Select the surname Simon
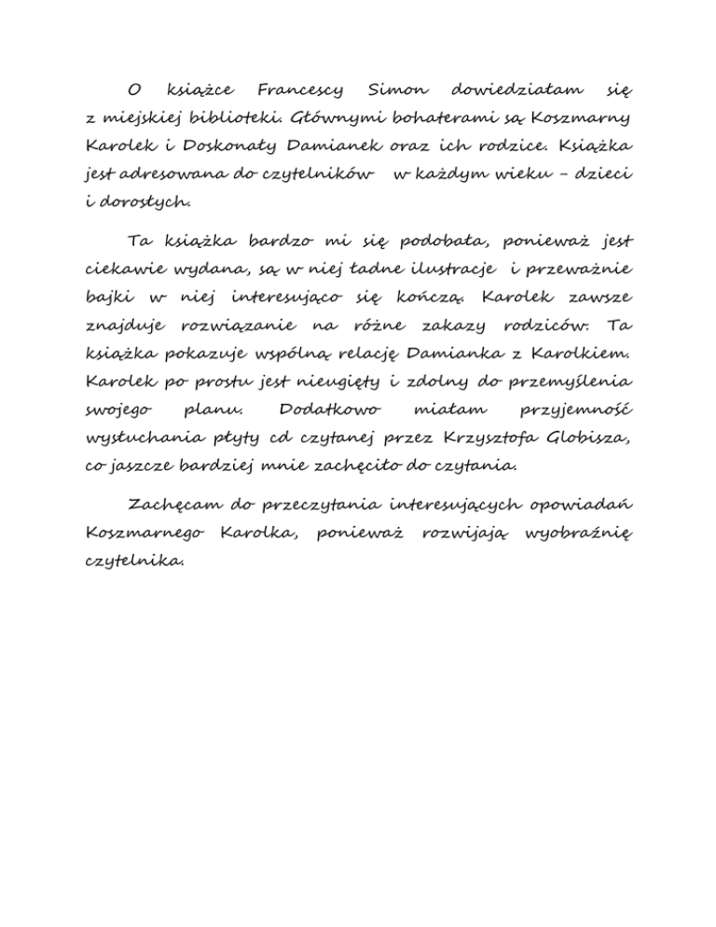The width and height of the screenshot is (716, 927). (398, 91)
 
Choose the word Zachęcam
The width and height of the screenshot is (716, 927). (174, 505)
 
